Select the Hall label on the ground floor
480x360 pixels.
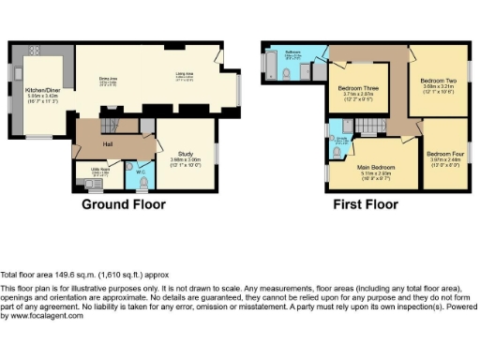click(x=108, y=143)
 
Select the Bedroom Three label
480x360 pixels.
click(x=356, y=90)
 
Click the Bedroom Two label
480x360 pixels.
click(x=439, y=83)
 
